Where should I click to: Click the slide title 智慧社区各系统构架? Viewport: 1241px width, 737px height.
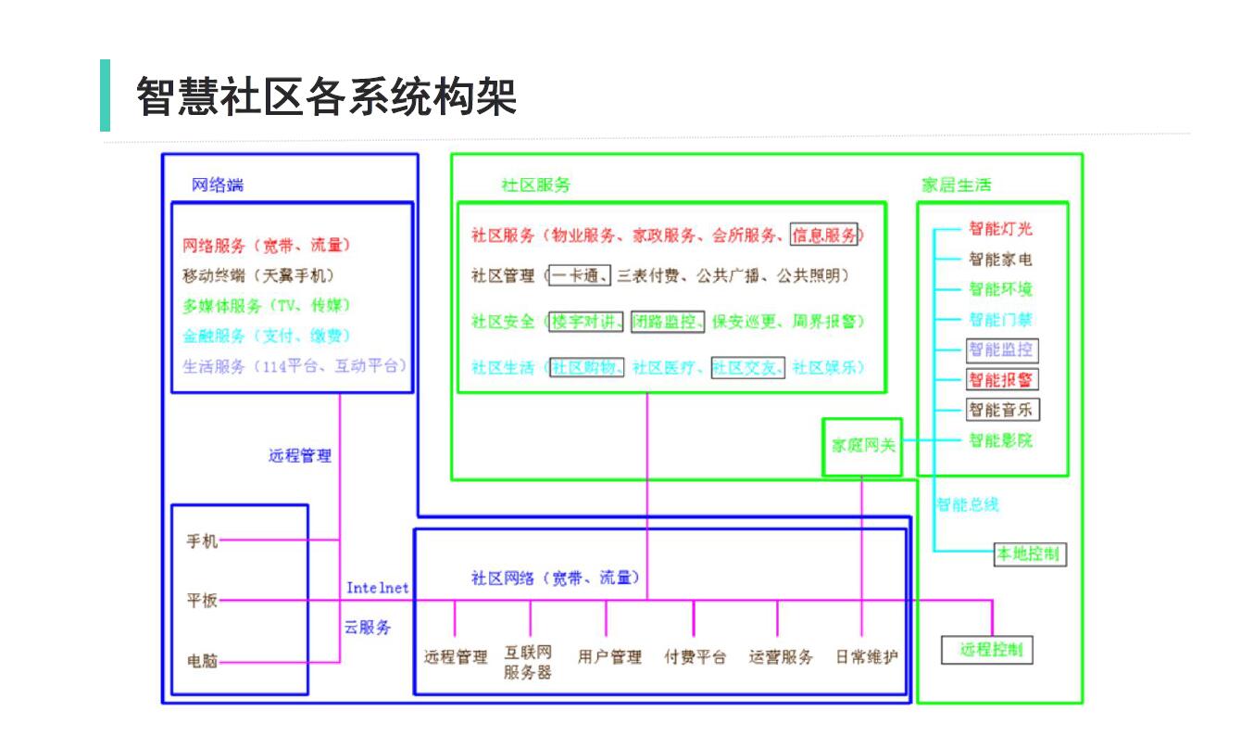(326, 96)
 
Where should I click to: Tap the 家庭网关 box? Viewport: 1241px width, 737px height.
(862, 446)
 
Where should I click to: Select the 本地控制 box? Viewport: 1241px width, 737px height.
(1026, 554)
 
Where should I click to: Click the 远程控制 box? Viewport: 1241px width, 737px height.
(986, 650)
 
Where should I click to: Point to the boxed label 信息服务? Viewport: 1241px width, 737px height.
(823, 235)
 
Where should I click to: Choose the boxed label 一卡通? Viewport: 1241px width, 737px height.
(579, 275)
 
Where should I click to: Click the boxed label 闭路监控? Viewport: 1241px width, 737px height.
(668, 322)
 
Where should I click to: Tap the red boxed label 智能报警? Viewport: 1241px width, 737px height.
(1000, 380)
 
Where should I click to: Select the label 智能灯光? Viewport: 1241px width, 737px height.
(1000, 230)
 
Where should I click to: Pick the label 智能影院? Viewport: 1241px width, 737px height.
(1000, 440)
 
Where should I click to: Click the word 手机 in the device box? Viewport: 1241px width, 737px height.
(203, 541)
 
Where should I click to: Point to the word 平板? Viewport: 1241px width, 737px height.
(203, 601)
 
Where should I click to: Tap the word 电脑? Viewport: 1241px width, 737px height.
(203, 662)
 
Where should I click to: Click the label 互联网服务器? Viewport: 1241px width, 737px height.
(528, 662)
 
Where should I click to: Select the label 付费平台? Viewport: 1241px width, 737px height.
(695, 657)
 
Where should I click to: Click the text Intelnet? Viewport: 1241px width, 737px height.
(377, 588)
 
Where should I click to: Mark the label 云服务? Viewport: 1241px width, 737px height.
(368, 628)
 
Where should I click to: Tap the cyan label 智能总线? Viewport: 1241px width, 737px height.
(967, 505)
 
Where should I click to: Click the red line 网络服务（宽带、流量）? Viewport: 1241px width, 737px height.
(267, 246)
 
